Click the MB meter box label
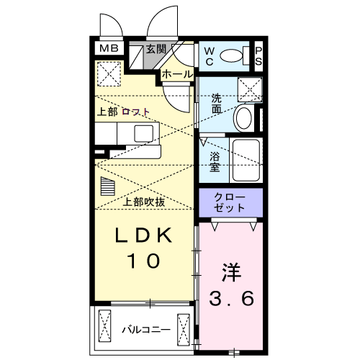click(x=109, y=48)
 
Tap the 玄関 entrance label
click(x=156, y=49)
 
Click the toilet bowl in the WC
click(x=231, y=56)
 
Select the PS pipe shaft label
click(x=258, y=56)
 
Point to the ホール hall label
click(x=177, y=74)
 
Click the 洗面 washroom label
click(x=216, y=104)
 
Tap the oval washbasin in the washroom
click(x=244, y=118)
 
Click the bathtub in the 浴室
click(x=246, y=160)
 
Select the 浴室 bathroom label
click(x=215, y=161)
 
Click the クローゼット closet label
click(x=230, y=202)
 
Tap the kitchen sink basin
click(x=143, y=133)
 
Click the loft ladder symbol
click(x=108, y=186)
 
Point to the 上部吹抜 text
click(x=144, y=202)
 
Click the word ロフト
click(x=136, y=112)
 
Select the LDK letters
click(x=144, y=235)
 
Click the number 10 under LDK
click(x=144, y=261)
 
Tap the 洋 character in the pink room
click(x=231, y=272)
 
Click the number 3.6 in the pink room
click(x=231, y=298)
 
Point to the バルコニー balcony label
click(x=146, y=329)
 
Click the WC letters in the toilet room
click(x=210, y=56)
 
